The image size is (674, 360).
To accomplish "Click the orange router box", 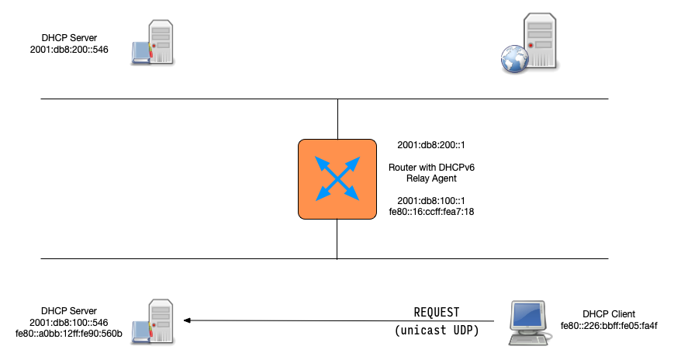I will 337,178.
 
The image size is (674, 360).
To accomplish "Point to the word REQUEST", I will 437,312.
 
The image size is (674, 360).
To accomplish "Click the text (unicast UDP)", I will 437,331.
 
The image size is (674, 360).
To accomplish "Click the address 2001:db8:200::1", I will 430,145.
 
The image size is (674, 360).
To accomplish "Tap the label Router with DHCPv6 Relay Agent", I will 430,172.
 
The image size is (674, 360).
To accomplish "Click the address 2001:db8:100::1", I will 430,200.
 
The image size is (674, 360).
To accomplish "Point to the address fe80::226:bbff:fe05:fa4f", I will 613,325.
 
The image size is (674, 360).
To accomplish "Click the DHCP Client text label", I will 613,314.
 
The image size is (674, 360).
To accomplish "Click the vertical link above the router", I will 337,119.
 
